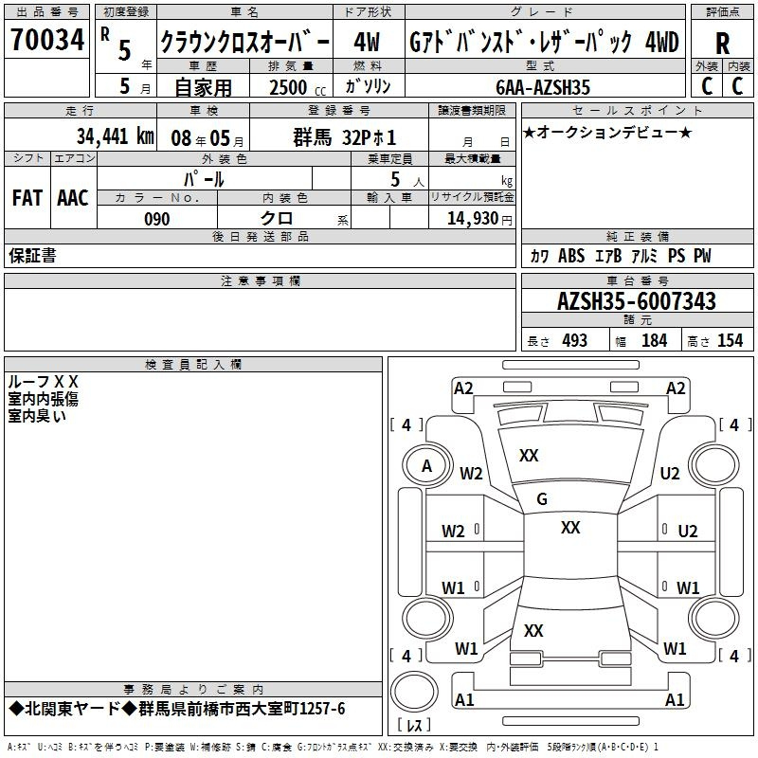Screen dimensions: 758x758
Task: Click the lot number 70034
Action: [x=47, y=39]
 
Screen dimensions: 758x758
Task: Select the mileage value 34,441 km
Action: [x=115, y=136]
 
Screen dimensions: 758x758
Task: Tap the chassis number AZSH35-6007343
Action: [x=636, y=301]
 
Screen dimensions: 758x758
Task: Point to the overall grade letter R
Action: [x=722, y=44]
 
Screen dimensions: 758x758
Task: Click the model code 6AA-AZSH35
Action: [x=542, y=87]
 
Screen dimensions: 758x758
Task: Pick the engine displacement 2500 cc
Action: [x=298, y=87]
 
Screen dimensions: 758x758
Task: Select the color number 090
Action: [x=157, y=219]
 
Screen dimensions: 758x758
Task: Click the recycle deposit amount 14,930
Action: [x=472, y=219]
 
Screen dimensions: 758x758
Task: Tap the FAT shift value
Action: [x=27, y=198]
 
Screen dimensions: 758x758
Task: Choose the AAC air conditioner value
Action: [x=73, y=198]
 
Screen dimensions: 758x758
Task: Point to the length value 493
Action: [x=574, y=341]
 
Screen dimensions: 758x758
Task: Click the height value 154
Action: [x=730, y=341]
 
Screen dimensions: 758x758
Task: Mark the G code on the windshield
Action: [x=542, y=499]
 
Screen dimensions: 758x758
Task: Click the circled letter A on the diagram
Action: [x=426, y=466]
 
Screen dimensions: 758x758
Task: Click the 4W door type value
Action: [x=367, y=42]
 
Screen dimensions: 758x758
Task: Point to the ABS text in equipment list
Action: [x=571, y=256]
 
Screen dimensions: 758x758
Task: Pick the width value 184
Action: [x=654, y=341]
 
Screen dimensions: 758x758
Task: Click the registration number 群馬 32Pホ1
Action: [x=345, y=137]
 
